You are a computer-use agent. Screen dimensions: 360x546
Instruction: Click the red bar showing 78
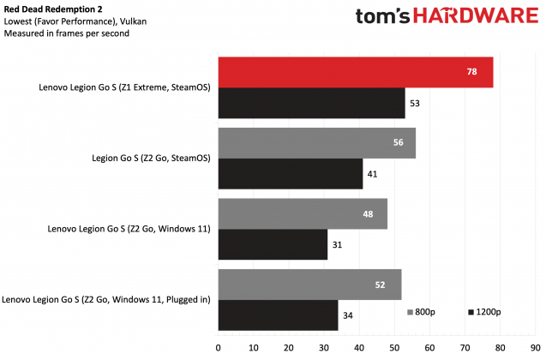click(x=356, y=72)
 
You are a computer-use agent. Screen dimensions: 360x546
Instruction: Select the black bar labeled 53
click(x=312, y=102)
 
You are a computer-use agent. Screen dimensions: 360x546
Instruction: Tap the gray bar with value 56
click(x=317, y=143)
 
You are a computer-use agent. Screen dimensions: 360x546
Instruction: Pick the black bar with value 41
click(x=291, y=173)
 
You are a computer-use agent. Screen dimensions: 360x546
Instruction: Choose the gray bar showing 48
click(x=303, y=213)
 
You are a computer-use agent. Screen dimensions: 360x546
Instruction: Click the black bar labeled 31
click(x=273, y=243)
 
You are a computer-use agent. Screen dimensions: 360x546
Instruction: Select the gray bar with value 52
click(x=310, y=284)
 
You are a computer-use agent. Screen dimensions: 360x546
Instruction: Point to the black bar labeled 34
click(x=278, y=314)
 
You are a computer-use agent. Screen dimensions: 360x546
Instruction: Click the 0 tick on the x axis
click(x=219, y=347)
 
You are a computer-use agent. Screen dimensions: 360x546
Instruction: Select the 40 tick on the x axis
click(x=359, y=347)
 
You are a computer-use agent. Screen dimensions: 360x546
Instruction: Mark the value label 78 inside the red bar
click(x=471, y=73)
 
